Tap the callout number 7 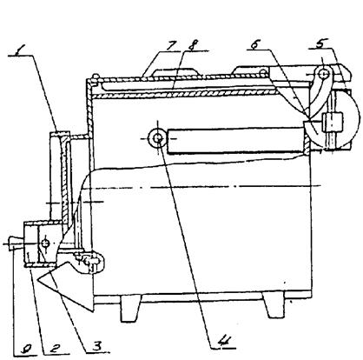(172, 45)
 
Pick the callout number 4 (224, 343)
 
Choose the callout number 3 (97, 346)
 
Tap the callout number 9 (28, 350)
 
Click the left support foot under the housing (130, 309)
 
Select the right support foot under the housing (274, 305)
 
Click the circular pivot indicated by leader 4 (157, 138)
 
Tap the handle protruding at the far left (16, 243)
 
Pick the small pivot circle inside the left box (45, 243)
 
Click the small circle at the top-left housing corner (96, 77)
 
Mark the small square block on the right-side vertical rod (333, 121)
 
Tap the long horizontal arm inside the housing (235, 140)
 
